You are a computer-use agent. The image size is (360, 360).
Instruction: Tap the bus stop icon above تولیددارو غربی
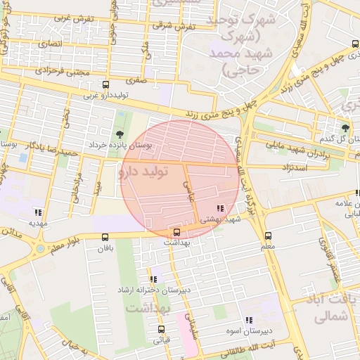105,84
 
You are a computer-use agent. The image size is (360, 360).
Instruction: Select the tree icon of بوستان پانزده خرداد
119,134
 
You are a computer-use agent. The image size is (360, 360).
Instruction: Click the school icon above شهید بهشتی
221,208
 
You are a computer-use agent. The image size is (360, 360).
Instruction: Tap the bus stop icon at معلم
267,236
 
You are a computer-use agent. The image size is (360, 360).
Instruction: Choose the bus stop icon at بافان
105,237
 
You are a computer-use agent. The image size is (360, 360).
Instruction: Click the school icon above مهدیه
38,212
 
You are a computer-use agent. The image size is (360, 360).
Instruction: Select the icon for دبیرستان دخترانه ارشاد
153,279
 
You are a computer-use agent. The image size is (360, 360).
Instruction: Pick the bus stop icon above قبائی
161,329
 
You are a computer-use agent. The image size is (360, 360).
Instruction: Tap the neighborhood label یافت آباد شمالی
328,308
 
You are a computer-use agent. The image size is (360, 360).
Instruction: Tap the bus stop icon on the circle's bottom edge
176,232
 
